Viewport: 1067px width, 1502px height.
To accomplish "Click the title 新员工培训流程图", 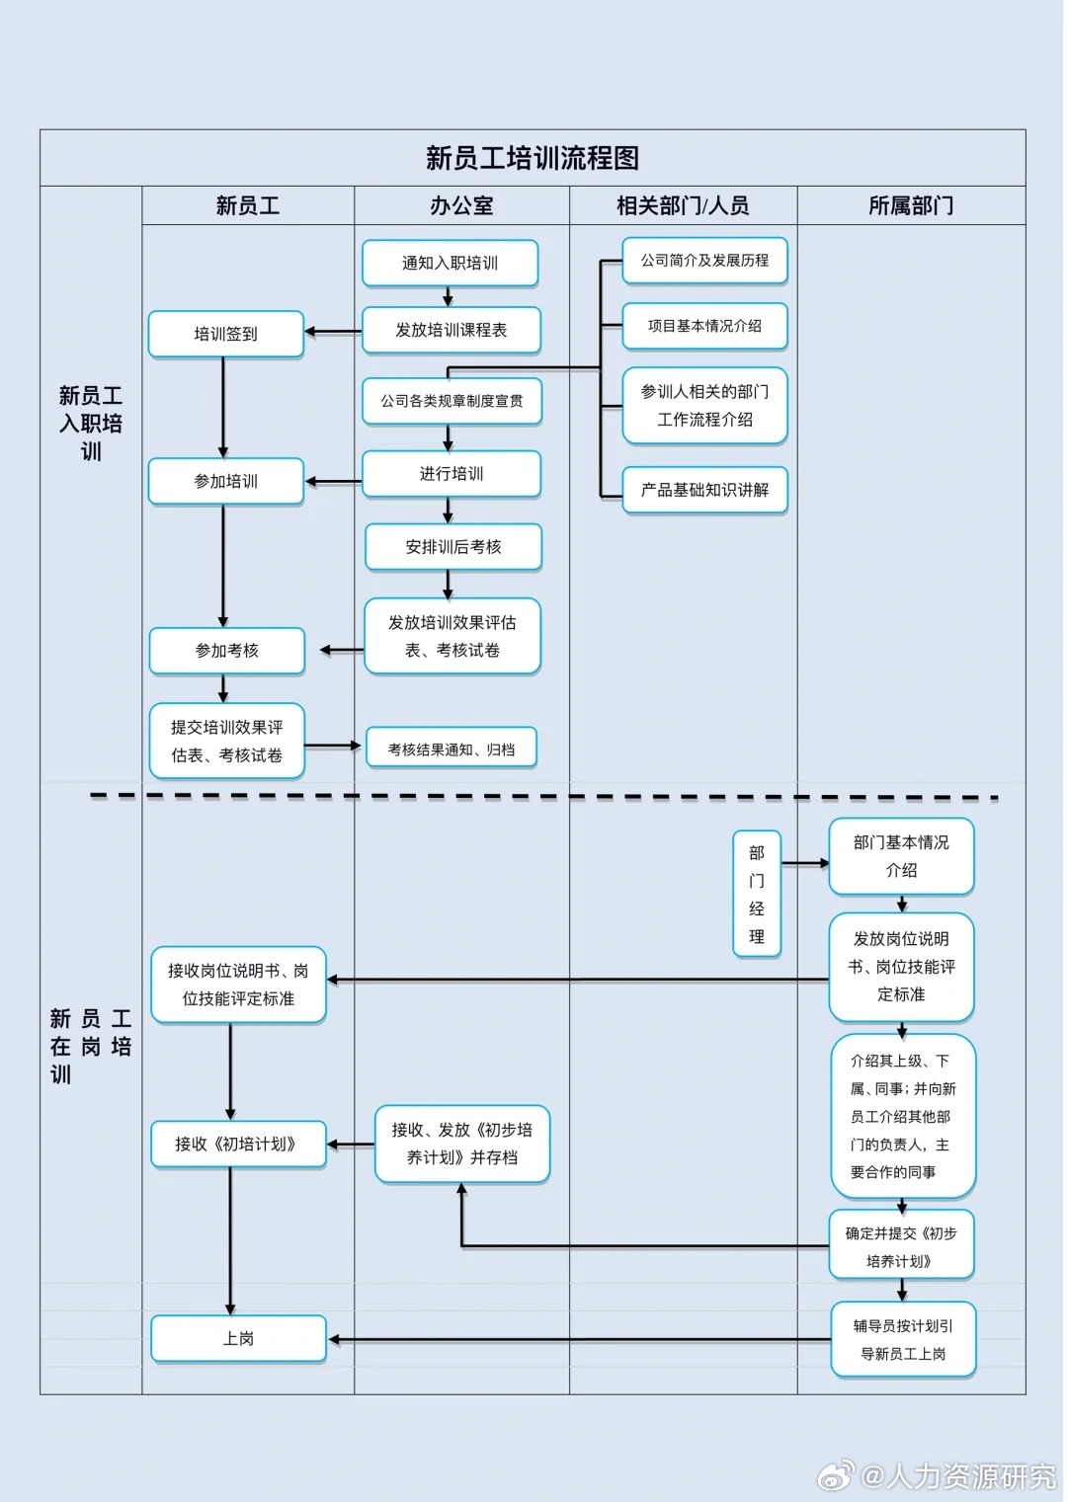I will [x=532, y=158].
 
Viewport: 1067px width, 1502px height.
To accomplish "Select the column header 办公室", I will [x=461, y=205].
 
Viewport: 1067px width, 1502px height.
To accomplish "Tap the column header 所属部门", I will [x=911, y=205].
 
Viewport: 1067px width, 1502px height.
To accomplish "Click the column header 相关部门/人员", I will [x=683, y=205].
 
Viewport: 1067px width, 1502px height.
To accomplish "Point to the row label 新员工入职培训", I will [x=91, y=424].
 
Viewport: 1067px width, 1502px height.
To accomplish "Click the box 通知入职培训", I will [x=450, y=263].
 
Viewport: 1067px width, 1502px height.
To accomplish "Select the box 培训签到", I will [x=225, y=334].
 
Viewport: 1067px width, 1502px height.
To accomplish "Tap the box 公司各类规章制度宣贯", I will [x=451, y=401].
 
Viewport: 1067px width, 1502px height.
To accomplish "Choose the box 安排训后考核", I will [x=453, y=546].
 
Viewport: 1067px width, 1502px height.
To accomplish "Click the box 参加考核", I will [x=226, y=651].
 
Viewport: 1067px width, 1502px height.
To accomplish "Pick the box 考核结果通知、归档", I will [x=451, y=750].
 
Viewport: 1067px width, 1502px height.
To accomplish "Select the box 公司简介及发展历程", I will [x=704, y=261].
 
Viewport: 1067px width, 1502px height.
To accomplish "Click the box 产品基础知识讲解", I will [x=704, y=490].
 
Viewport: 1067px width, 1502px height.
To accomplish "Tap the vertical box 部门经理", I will [x=757, y=894].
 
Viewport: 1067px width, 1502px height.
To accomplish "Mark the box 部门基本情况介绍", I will [x=901, y=856].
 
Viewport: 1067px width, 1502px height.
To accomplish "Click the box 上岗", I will [x=238, y=1338].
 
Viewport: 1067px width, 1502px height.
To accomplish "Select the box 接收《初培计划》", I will [x=237, y=1144].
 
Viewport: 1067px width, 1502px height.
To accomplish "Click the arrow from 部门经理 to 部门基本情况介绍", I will [x=805, y=863].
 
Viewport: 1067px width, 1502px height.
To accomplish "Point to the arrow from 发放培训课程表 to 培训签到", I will [x=333, y=332].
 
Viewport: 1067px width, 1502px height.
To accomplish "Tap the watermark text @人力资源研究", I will [x=957, y=1476].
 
